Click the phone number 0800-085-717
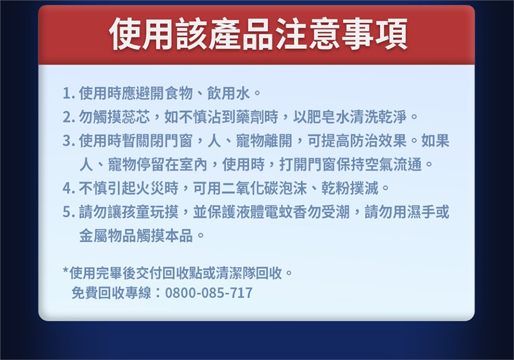(x=209, y=293)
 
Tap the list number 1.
(x=67, y=94)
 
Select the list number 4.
(x=67, y=188)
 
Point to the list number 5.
(x=67, y=212)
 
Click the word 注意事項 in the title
(x=341, y=34)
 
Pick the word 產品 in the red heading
(x=240, y=34)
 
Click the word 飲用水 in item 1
(x=228, y=94)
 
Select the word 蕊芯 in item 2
(x=135, y=117)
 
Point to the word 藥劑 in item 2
(x=250, y=117)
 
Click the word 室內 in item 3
(x=193, y=164)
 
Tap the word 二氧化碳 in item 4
(x=250, y=188)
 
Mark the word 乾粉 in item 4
(x=336, y=188)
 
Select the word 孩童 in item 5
(x=135, y=212)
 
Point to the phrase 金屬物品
(x=108, y=235)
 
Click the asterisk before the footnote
(x=66, y=271)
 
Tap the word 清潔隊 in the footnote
(x=236, y=273)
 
